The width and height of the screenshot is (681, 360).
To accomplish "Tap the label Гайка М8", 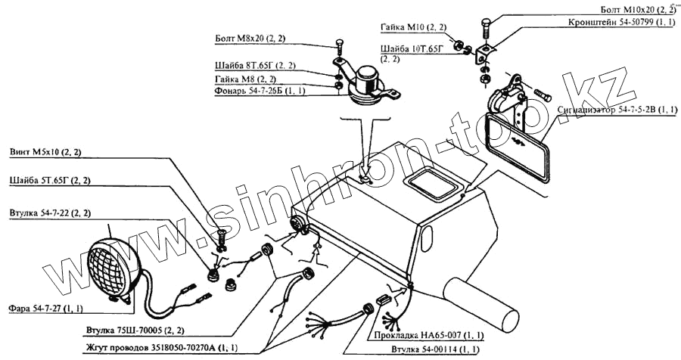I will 246,79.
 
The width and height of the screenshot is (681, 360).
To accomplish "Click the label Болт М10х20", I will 638,9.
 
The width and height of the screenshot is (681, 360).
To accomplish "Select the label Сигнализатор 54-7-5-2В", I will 616,110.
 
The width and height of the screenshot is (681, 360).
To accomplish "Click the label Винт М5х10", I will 45,152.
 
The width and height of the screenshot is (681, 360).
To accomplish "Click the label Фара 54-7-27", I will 46,309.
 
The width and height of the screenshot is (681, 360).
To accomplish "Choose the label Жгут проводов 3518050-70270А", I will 160,346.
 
